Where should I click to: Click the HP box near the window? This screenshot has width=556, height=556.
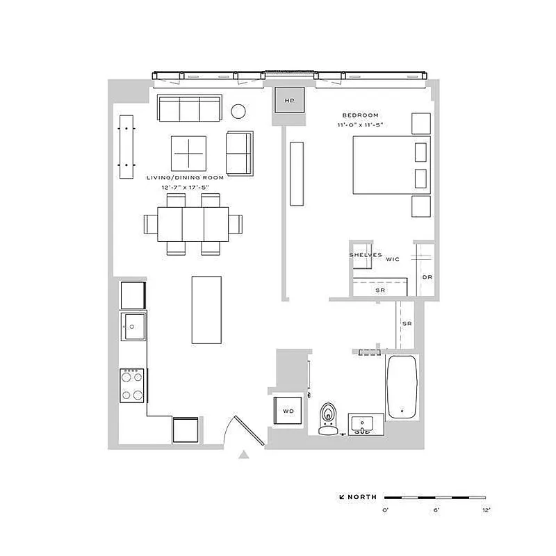[290, 101]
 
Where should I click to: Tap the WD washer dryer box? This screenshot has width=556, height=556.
[288, 411]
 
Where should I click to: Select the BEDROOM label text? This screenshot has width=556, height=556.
[360, 115]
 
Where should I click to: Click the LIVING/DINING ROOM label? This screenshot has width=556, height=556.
[186, 178]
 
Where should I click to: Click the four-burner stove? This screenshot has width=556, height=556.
[133, 384]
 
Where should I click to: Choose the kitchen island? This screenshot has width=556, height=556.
[206, 309]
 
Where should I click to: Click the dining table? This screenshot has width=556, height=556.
[193, 224]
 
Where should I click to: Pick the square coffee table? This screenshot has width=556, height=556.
[189, 152]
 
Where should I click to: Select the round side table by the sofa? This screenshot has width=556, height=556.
[238, 111]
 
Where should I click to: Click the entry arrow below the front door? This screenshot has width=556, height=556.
[243, 455]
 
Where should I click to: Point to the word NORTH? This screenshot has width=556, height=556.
[363, 497]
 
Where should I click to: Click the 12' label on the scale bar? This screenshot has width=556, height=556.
[486, 510]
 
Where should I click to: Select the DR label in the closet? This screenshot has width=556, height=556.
[427, 277]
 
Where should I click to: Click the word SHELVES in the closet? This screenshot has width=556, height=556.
[365, 255]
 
